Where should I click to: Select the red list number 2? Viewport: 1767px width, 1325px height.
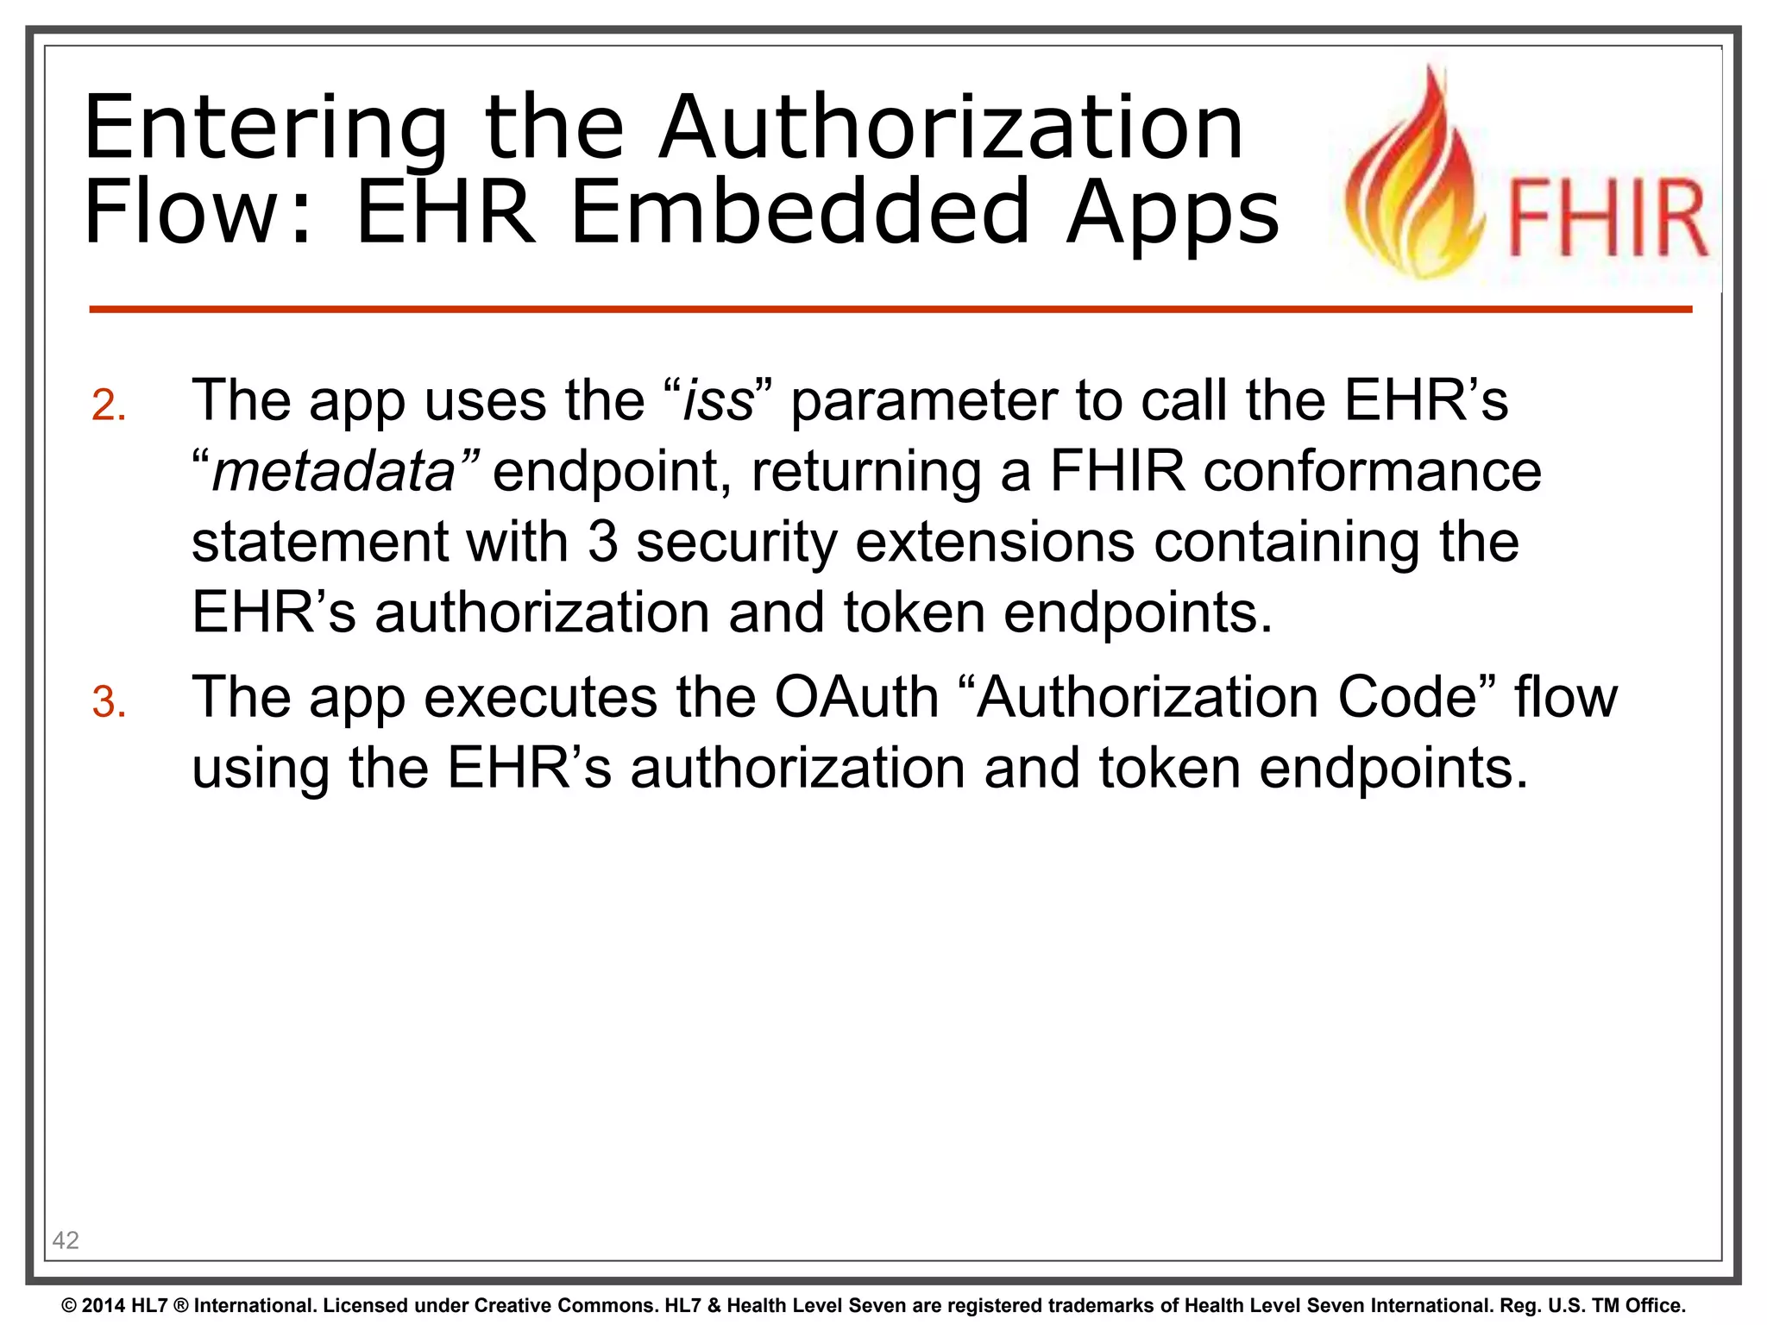pyautogui.click(x=110, y=405)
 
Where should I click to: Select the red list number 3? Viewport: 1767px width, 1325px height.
pyautogui.click(x=110, y=702)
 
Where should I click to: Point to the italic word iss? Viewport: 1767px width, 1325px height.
pyautogui.click(x=718, y=401)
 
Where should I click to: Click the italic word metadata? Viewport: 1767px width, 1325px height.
pyautogui.click(x=334, y=472)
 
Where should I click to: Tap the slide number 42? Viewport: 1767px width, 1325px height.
pyautogui.click(x=66, y=1240)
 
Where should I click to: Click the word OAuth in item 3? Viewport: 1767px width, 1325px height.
pyautogui.click(x=856, y=697)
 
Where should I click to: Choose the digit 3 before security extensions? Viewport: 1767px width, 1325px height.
pyautogui.click(x=603, y=543)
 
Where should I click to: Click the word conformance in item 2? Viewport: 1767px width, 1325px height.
pyautogui.click(x=1372, y=472)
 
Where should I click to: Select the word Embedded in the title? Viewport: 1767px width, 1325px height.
pyautogui.click(x=800, y=212)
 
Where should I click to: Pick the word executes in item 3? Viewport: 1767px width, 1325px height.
pyautogui.click(x=540, y=697)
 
